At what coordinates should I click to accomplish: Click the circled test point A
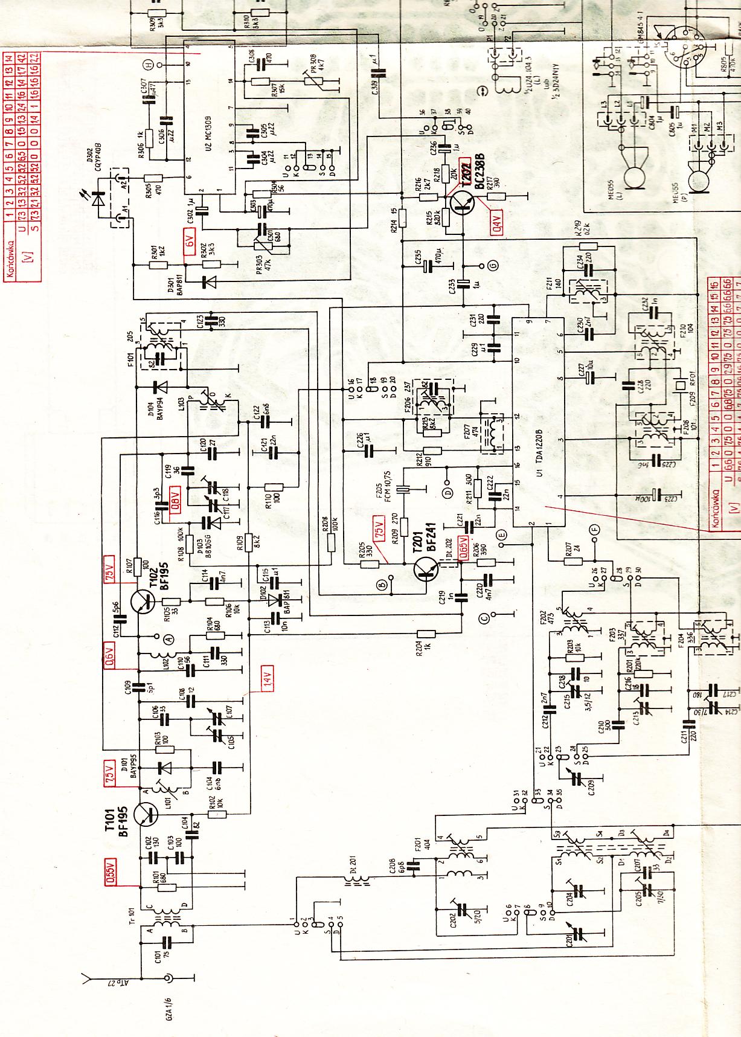[x=169, y=637]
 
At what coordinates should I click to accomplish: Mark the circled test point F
[x=595, y=529]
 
